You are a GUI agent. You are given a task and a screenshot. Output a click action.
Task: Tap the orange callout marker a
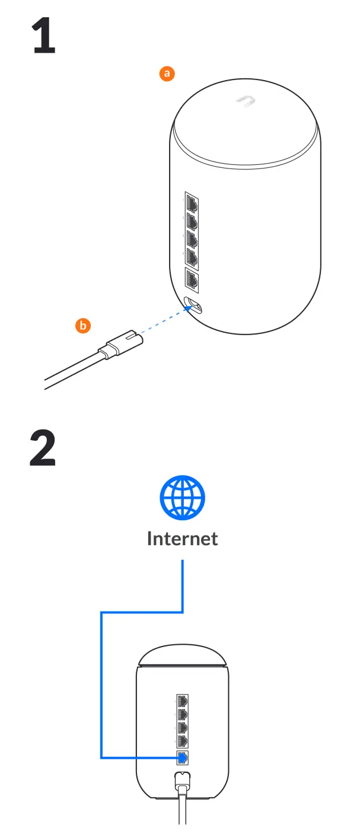167,74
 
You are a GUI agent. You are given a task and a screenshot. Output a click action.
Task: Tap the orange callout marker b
83,324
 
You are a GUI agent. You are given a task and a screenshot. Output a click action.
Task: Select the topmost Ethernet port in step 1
191,203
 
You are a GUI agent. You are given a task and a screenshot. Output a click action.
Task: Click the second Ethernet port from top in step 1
191,222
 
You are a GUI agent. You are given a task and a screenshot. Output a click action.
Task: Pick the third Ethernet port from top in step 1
191,240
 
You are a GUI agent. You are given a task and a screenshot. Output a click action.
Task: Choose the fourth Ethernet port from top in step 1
191,257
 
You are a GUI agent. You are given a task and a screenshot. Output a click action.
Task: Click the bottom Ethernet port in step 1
192,279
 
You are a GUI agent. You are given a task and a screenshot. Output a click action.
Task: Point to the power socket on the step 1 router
193,305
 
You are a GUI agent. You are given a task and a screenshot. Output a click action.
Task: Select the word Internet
182,539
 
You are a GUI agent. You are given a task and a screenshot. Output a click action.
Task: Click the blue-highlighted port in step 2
183,757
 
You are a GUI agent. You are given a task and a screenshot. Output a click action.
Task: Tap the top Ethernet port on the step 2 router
183,701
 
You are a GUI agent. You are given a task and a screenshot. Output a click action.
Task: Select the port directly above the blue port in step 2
183,741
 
